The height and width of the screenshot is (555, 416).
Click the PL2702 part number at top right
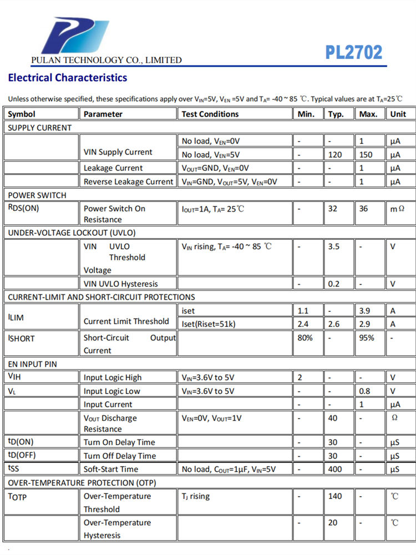click(353, 52)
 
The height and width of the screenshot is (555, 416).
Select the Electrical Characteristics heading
click(67, 78)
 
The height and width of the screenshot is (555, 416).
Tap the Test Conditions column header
click(210, 114)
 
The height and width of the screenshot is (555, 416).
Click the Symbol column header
click(22, 114)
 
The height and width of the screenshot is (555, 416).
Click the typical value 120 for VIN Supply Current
click(335, 154)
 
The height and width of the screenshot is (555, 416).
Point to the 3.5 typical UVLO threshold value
click(333, 246)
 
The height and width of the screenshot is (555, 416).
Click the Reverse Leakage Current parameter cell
click(128, 181)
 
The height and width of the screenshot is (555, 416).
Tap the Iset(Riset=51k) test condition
click(209, 324)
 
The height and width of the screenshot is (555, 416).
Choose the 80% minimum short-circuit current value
click(305, 337)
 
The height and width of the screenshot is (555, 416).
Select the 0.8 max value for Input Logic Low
click(365, 391)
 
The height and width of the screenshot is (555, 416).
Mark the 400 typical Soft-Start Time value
click(335, 469)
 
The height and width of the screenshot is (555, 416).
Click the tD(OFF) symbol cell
click(21, 456)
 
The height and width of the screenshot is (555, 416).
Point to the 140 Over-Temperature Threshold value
click(335, 496)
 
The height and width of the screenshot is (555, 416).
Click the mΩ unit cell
click(397, 208)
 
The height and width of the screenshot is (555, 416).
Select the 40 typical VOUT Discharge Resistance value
click(333, 418)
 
